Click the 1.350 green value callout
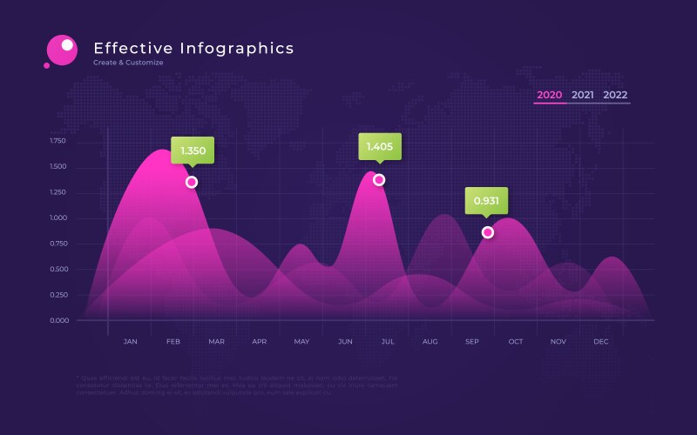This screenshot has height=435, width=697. [193, 151]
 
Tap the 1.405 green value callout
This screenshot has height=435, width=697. [380, 146]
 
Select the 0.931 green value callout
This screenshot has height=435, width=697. [486, 201]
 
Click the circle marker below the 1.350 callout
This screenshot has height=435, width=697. [192, 182]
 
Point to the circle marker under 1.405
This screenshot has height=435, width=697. [379, 179]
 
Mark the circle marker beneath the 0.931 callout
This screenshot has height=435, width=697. [488, 232]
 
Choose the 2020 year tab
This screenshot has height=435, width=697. [549, 95]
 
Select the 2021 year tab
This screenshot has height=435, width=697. [583, 95]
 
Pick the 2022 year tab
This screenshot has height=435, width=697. [615, 95]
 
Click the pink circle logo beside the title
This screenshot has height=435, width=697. [62, 50]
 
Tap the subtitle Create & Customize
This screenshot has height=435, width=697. [128, 64]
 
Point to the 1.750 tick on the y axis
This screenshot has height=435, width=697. [58, 140]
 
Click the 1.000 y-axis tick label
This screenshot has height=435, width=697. [58, 217]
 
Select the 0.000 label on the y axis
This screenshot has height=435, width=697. [58, 320]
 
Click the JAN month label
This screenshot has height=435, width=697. [131, 342]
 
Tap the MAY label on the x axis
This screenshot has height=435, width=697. [301, 342]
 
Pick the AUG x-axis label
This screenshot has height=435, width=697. [430, 342]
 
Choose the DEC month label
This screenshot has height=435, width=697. [601, 342]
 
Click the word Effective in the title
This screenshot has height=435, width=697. [133, 49]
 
